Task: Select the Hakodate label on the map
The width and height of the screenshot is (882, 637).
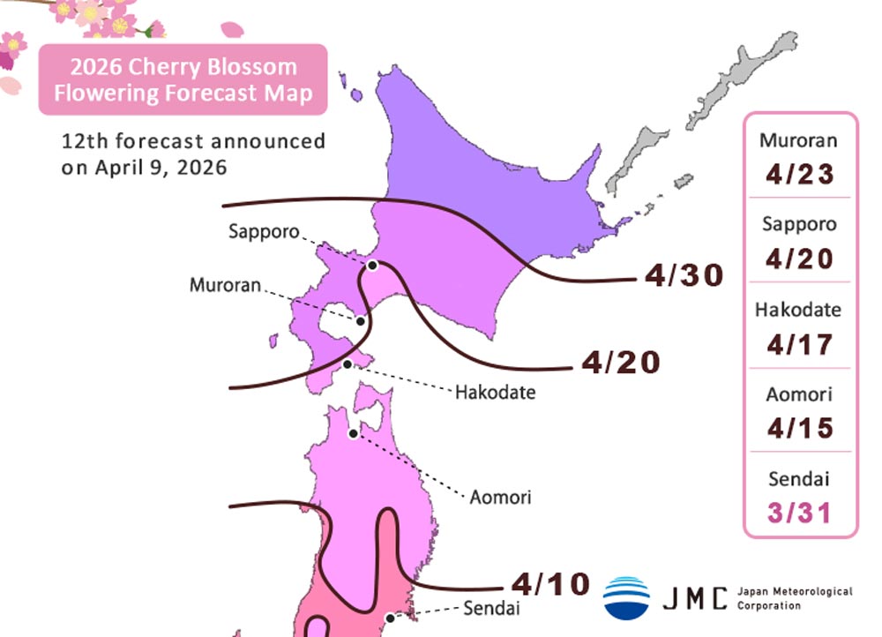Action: tap(495, 392)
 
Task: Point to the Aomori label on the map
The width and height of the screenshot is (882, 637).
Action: tap(500, 497)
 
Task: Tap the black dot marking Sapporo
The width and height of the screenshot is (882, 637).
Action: tap(372, 265)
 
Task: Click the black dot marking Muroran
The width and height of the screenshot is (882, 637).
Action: tap(361, 321)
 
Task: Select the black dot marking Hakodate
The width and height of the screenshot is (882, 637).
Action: tap(348, 363)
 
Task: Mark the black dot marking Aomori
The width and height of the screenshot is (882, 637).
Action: tap(354, 433)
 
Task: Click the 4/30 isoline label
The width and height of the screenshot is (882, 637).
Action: tap(684, 276)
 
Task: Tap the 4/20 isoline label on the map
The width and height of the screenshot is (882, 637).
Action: tap(621, 362)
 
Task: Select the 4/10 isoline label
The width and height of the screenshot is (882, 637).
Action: tap(549, 583)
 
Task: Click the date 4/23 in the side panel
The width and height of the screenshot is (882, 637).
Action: tap(799, 174)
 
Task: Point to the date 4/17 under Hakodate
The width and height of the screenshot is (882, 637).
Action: tap(799, 344)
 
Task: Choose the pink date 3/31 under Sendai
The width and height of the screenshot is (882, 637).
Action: tap(799, 513)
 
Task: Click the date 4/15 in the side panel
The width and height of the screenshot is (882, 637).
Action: tap(799, 429)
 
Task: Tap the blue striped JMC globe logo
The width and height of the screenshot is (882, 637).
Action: tap(626, 597)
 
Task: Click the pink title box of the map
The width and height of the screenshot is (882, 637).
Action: tap(183, 79)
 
